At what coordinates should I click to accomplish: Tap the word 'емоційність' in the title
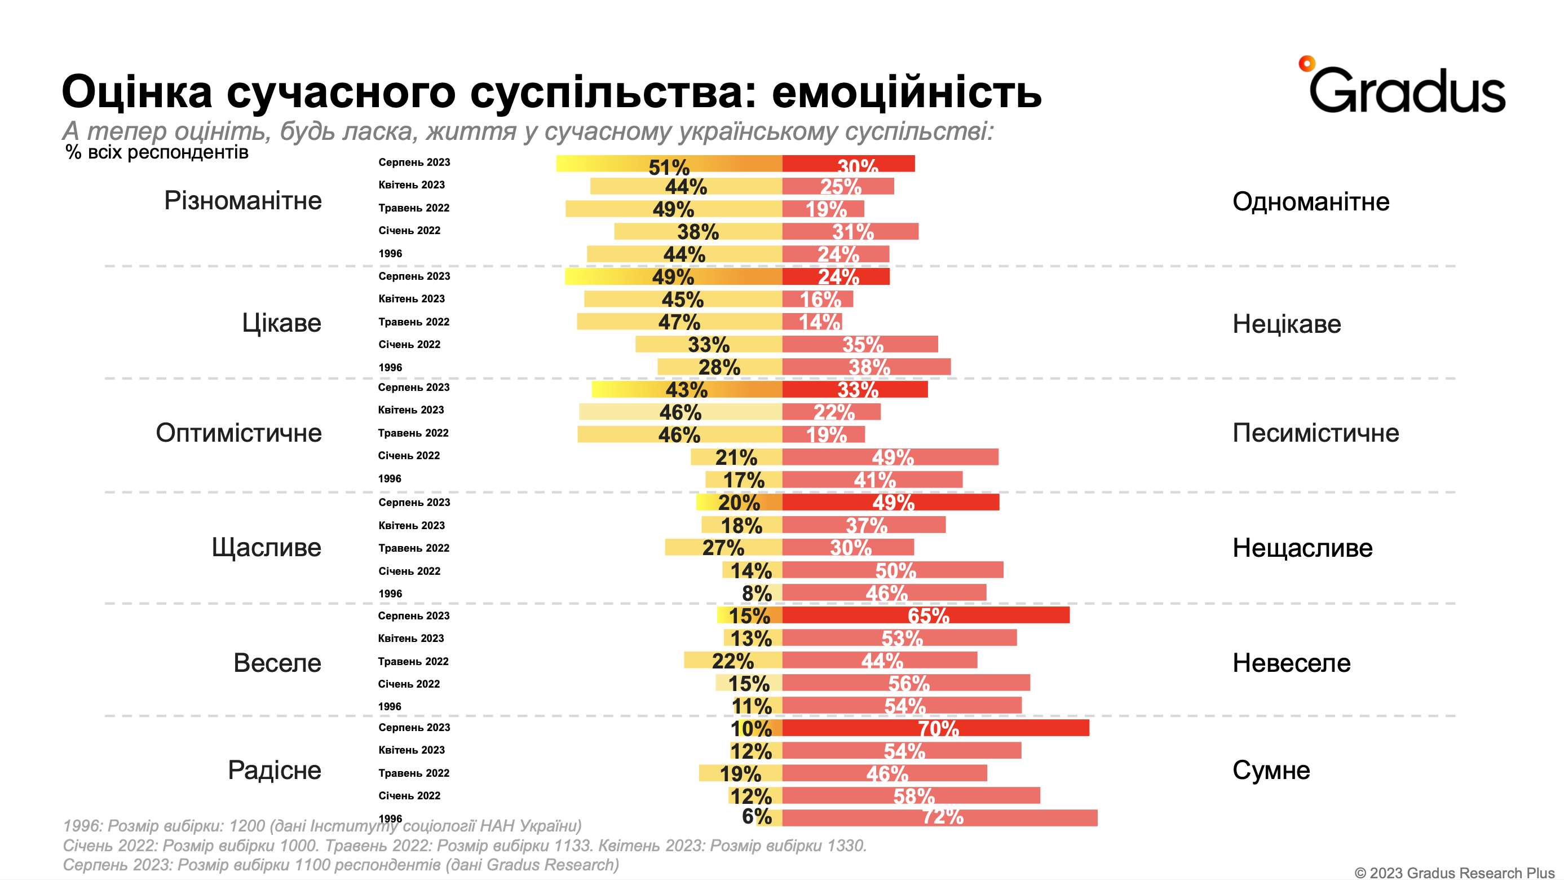pos(907,93)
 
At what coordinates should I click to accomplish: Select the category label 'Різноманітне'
pos(243,200)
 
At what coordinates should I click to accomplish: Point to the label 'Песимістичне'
pos(1315,433)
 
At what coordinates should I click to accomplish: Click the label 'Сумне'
pos(1271,770)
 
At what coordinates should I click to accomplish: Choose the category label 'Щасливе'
pos(266,547)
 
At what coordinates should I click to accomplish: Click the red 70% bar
pos(935,728)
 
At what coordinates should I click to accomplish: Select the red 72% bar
pos(939,817)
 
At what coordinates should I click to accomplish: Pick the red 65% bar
pos(925,615)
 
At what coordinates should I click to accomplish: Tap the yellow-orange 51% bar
pos(669,164)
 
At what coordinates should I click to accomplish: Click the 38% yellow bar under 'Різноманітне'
pos(697,231)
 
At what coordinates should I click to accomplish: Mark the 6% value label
pos(757,817)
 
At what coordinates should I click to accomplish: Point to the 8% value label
pos(757,593)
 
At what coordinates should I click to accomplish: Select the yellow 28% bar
pos(719,367)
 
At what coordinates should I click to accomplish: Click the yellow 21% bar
pos(736,457)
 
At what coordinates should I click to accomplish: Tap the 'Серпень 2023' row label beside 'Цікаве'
pos(414,276)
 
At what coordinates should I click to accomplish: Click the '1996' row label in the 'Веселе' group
pos(390,706)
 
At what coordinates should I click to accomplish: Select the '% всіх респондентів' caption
pos(157,152)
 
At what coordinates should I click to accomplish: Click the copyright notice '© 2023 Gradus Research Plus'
pos(1455,872)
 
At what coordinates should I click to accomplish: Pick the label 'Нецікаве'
pos(1286,324)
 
